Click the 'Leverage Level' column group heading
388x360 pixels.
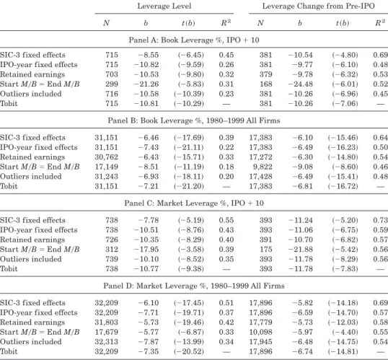(164, 6)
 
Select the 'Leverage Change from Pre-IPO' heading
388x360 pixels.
(319, 6)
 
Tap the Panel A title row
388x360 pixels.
(194, 40)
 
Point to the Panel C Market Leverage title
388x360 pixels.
(194, 203)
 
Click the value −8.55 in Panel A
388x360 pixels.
(149, 55)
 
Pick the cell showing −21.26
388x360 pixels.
(146, 84)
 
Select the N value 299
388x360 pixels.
(112, 84)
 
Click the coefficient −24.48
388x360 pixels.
(301, 84)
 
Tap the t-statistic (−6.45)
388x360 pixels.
(191, 55)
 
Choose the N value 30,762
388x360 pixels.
(107, 157)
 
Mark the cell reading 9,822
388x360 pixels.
(263, 167)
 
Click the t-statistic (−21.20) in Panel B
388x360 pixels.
(189, 186)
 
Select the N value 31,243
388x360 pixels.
(107, 176)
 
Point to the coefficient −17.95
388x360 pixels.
(146, 250)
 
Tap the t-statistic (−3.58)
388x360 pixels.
(191, 250)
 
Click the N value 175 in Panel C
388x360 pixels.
(266, 250)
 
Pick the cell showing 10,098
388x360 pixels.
(260, 332)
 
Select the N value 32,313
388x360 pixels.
(107, 341)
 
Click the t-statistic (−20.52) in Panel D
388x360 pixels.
(189, 351)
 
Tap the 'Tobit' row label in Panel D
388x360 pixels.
(9, 351)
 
